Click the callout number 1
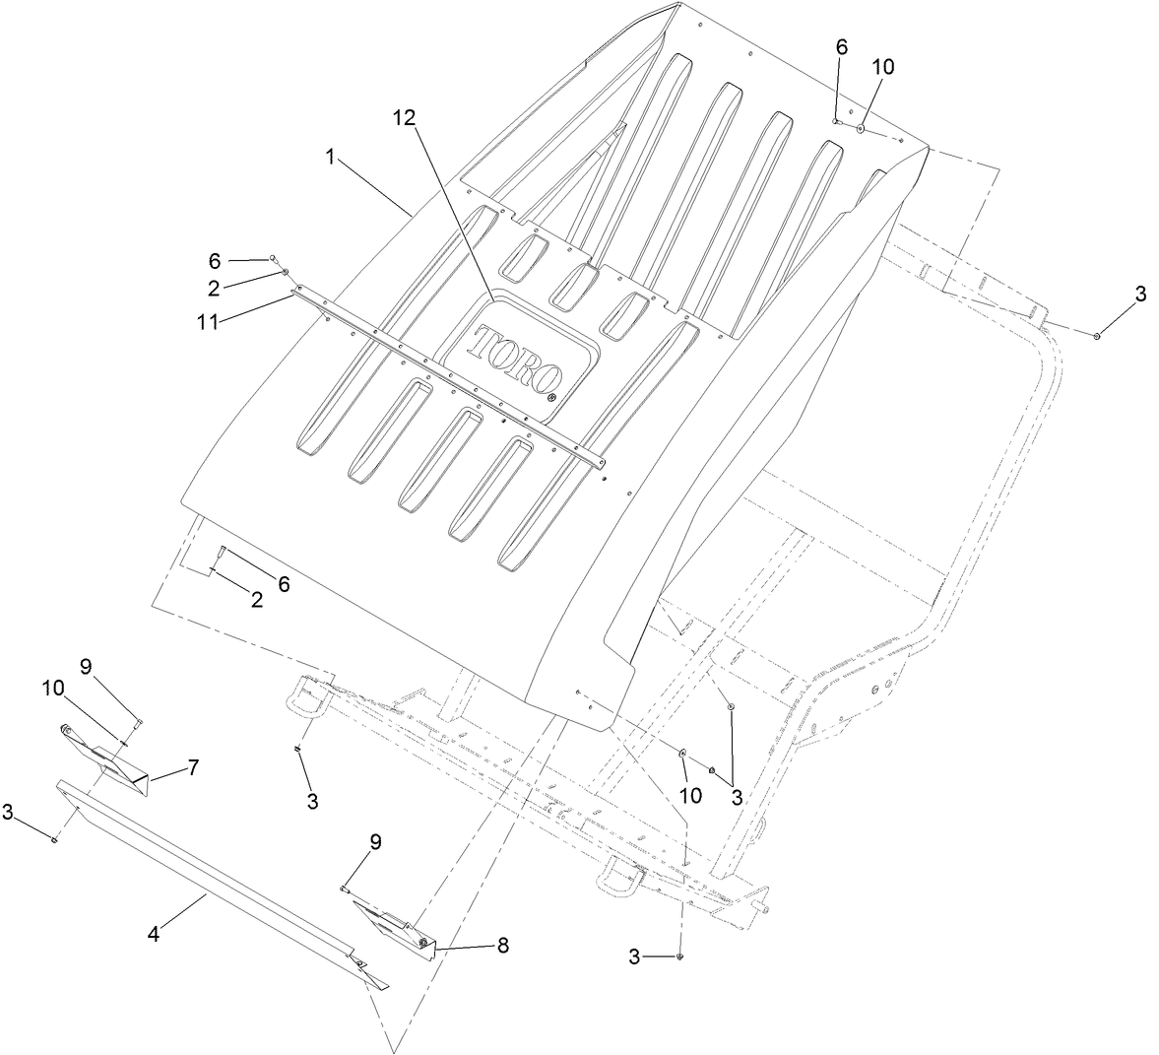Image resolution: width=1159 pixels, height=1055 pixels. pyautogui.click(x=332, y=157)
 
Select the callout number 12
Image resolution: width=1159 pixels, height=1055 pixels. pyautogui.click(x=404, y=117)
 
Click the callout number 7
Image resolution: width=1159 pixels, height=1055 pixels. pyautogui.click(x=194, y=765)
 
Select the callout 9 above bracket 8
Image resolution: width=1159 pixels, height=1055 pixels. pyautogui.click(x=375, y=842)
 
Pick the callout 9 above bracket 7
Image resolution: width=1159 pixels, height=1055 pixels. pyautogui.click(x=86, y=666)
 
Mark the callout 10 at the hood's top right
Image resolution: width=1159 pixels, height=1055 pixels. pyautogui.click(x=883, y=66)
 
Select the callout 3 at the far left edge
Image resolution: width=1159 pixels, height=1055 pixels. pyautogui.click(x=8, y=812)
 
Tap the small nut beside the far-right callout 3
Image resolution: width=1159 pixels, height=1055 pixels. pyautogui.click(x=1097, y=336)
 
